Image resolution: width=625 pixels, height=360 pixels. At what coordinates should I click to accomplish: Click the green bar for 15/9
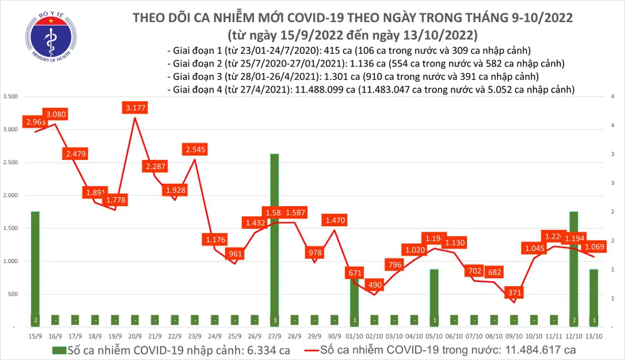point(35,269)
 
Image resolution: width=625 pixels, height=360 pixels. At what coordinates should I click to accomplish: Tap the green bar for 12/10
point(574,269)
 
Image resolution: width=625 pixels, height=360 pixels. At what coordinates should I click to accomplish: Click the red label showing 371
point(514,292)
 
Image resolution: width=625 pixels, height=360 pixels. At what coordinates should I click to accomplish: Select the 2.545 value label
point(196,149)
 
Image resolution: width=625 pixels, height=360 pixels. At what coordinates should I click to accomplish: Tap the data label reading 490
point(374,284)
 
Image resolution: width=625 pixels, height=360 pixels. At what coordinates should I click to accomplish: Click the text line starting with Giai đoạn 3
point(353,77)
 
